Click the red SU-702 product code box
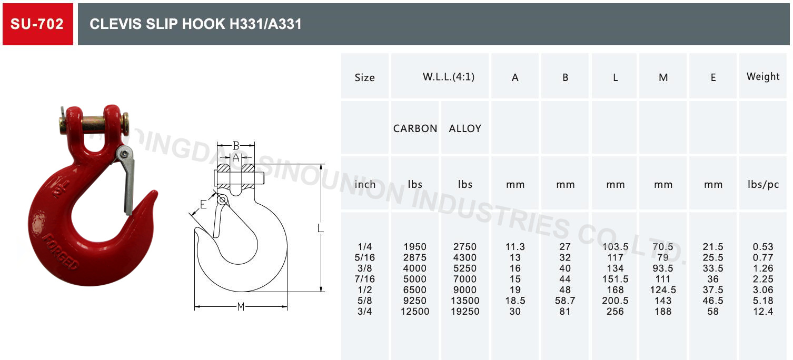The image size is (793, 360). [x=38, y=24]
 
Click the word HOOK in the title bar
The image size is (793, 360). [x=203, y=24]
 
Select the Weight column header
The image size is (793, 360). [x=763, y=76]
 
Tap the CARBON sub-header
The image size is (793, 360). [x=415, y=128]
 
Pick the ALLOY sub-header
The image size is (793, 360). [x=465, y=128]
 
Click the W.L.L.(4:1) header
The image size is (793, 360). [x=449, y=77]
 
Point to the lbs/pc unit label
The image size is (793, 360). [x=763, y=184]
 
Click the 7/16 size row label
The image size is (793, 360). [x=364, y=279]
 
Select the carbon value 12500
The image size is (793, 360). [x=415, y=312]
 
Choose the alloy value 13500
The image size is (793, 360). [x=465, y=301]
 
